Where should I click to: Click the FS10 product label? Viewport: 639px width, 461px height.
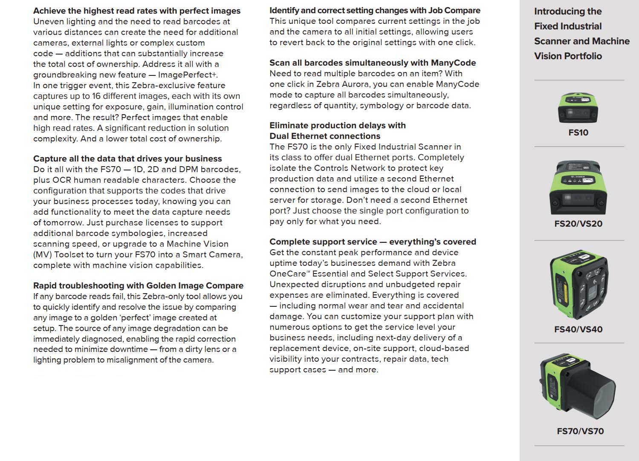point(578,133)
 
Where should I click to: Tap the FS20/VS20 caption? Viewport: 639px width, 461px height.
point(578,224)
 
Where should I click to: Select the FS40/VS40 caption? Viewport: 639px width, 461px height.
point(578,329)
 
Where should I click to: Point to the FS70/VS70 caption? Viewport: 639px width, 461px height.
point(580,431)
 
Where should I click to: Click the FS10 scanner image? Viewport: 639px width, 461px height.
point(578,108)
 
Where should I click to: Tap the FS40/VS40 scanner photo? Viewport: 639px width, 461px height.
point(578,285)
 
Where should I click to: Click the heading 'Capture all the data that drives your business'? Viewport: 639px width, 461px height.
point(127,158)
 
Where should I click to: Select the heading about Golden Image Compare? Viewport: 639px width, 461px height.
point(138,285)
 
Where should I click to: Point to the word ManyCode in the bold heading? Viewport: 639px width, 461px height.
point(453,63)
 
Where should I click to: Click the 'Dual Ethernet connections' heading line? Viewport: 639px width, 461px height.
point(325,136)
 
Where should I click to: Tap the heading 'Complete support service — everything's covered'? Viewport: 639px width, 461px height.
point(373,242)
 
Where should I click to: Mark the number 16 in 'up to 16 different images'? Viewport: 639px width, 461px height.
point(96,96)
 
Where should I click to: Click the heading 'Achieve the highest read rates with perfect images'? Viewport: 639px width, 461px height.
point(137,11)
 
